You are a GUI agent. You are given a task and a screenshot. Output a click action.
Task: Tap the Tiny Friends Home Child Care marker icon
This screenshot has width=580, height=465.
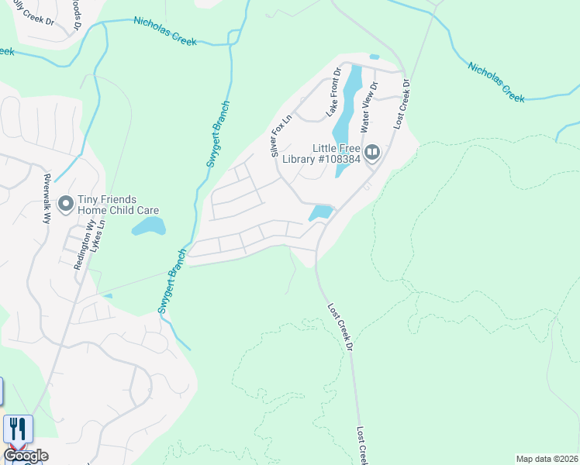pyautogui.click(x=65, y=204)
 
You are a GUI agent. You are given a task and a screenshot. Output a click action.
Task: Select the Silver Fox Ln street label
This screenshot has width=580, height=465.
pyautogui.click(x=281, y=136)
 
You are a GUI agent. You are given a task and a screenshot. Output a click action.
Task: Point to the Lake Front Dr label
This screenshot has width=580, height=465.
pyautogui.click(x=333, y=92)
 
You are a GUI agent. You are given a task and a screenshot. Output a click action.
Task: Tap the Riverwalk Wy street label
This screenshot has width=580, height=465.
pyautogui.click(x=47, y=198)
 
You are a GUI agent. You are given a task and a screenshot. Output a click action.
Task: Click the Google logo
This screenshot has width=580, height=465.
pyautogui.click(x=26, y=456)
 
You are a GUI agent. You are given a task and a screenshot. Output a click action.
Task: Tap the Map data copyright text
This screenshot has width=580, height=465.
pyautogui.click(x=547, y=459)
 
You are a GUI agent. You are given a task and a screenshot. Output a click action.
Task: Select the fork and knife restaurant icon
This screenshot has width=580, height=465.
pyautogui.click(x=17, y=429)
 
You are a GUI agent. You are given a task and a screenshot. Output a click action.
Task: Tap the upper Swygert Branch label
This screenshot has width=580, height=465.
pyautogui.click(x=218, y=134)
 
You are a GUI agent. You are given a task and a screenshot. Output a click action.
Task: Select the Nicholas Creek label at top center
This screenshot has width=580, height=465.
pyautogui.click(x=165, y=31)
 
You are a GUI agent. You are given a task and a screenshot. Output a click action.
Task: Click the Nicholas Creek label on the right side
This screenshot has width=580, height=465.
pyautogui.click(x=496, y=81)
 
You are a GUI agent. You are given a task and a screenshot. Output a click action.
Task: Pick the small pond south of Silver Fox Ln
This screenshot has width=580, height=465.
pyautogui.click(x=320, y=212)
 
